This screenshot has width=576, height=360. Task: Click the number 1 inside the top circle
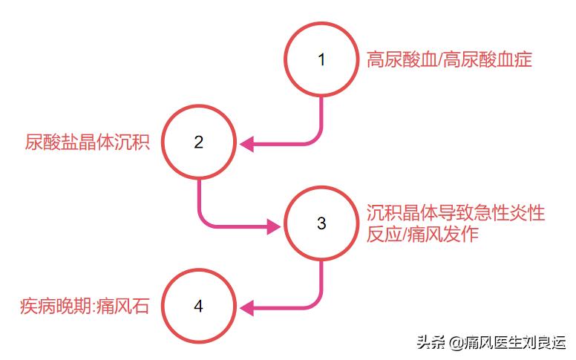pyautogui.click(x=321, y=60)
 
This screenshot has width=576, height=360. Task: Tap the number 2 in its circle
pyautogui.click(x=199, y=143)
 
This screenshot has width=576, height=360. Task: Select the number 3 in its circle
pyautogui.click(x=321, y=223)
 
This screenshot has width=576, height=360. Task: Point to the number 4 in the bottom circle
pyautogui.click(x=198, y=306)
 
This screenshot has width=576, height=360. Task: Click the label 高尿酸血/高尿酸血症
pyautogui.click(x=449, y=59)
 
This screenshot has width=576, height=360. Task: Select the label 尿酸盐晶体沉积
pyautogui.click(x=88, y=143)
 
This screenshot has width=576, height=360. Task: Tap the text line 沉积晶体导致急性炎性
pyautogui.click(x=456, y=213)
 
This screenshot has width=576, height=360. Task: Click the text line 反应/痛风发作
pyautogui.click(x=422, y=234)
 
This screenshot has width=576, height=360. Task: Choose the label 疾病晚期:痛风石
pyautogui.click(x=85, y=306)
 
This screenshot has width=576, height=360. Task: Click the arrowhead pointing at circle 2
pyautogui.click(x=246, y=144)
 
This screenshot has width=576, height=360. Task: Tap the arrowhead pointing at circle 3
pyautogui.click(x=274, y=226)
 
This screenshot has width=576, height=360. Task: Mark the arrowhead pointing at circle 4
pyautogui.click(x=246, y=308)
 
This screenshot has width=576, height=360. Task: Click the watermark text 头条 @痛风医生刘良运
pyautogui.click(x=492, y=343)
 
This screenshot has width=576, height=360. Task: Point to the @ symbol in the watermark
pyautogui.click(x=456, y=344)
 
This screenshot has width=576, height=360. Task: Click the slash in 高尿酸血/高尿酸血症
pyautogui.click(x=440, y=60)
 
